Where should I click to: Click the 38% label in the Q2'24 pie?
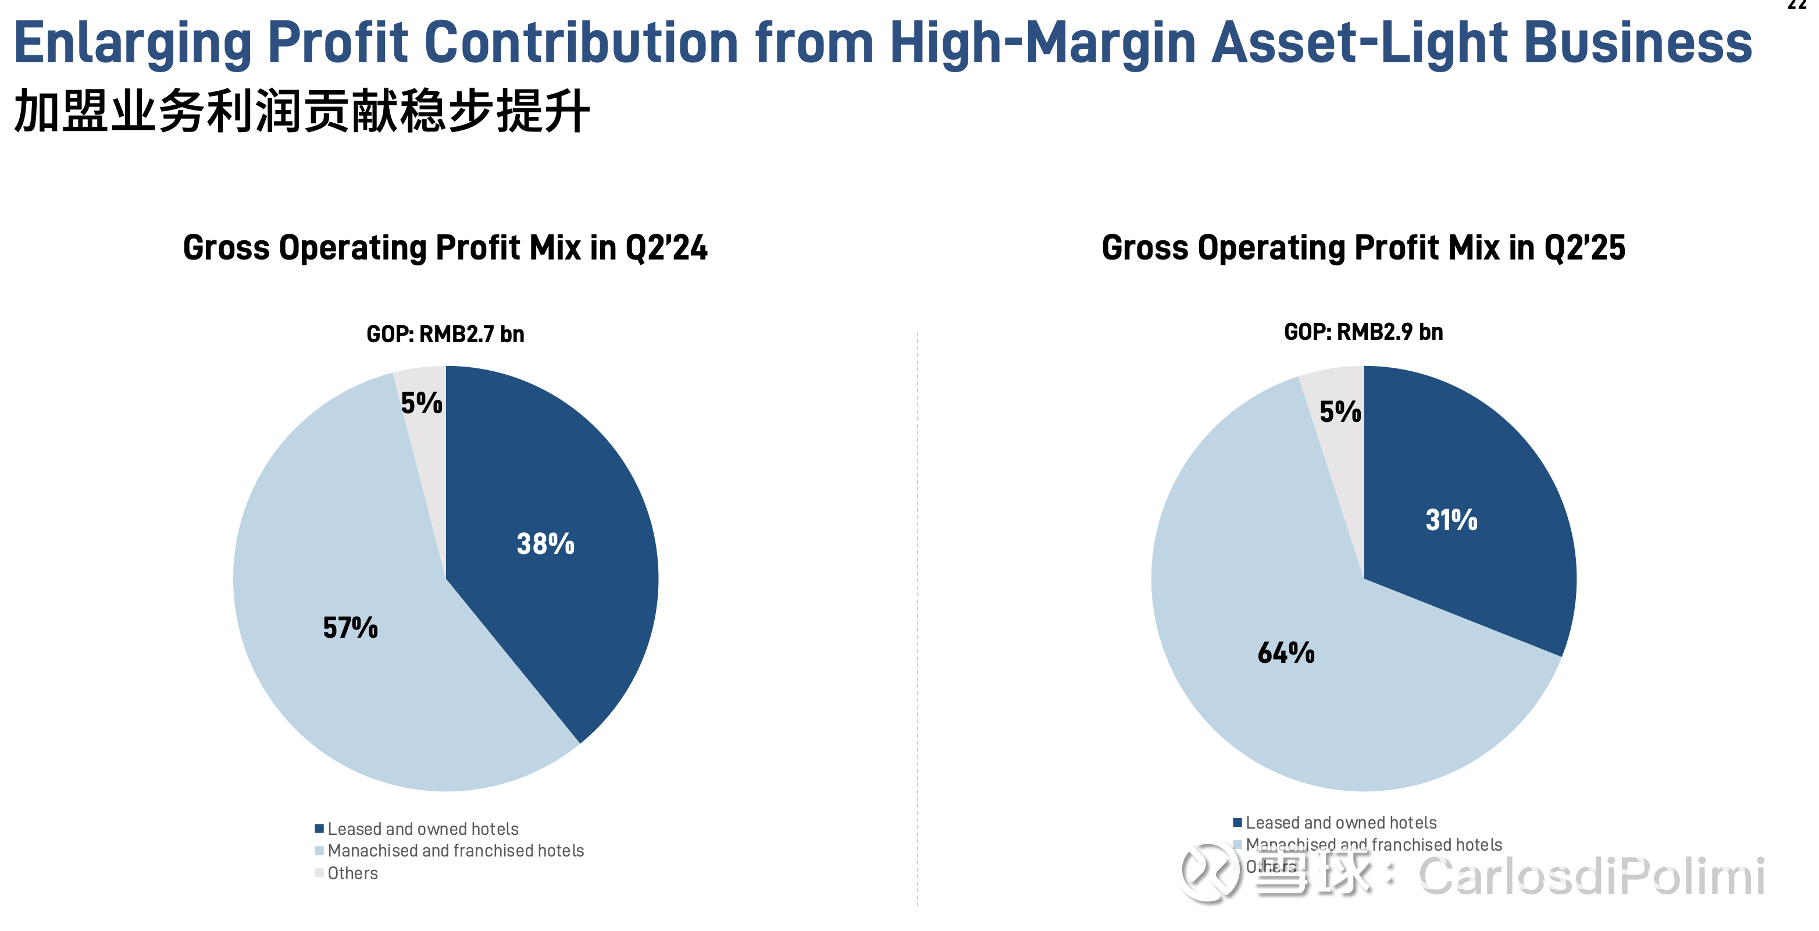click(545, 544)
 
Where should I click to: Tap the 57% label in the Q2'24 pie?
click(350, 627)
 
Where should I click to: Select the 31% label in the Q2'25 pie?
click(1451, 520)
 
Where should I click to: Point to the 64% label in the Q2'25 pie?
click(1286, 653)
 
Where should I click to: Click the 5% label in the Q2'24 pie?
click(422, 403)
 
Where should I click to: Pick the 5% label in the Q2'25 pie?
click(1340, 412)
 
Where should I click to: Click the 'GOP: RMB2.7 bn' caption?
click(445, 334)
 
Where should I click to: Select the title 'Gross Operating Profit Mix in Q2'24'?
click(445, 248)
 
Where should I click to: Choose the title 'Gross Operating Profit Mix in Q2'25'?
click(1363, 248)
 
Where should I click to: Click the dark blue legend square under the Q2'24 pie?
click(319, 829)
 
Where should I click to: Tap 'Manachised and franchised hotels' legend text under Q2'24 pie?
click(455, 851)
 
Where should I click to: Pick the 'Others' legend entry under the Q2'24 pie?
click(352, 873)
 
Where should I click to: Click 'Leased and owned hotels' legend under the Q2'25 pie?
click(1340, 823)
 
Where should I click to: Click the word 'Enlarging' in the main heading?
click(132, 42)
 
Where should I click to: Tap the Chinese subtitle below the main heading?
click(301, 112)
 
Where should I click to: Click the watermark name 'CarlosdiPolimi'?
click(1592, 876)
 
